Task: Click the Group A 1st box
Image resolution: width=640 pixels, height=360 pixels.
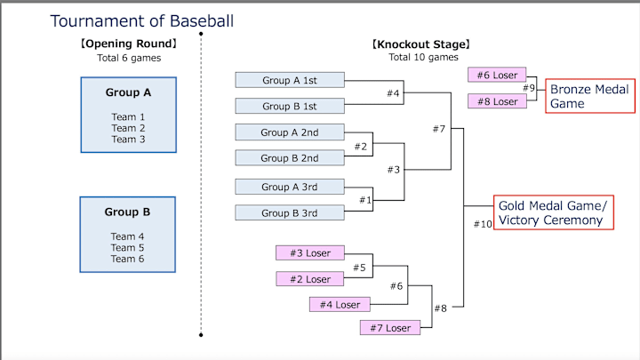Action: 290,80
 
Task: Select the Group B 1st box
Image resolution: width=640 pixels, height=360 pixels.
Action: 290,107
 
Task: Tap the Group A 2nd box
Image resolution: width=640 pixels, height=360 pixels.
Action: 290,132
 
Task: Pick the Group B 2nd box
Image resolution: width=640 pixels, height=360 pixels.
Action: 290,159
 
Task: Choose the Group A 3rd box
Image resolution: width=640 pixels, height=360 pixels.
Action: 290,187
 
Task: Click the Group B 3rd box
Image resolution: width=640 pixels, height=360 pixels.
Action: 290,213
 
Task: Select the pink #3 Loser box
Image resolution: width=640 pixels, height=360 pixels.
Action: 309,253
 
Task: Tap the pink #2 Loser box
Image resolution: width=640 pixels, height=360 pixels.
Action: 309,279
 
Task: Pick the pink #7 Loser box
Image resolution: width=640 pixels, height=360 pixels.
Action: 392,328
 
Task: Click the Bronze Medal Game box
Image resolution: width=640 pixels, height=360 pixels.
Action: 589,96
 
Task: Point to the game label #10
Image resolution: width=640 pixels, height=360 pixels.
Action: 483,224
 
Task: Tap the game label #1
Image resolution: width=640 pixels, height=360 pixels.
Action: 365,200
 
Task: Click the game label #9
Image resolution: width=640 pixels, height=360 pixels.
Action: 529,88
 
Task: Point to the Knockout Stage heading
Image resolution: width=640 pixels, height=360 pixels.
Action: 420,44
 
